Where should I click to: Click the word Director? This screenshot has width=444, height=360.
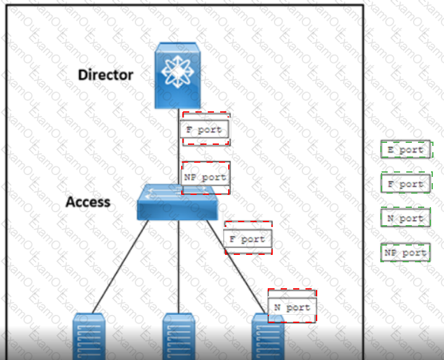pyautogui.click(x=105, y=75)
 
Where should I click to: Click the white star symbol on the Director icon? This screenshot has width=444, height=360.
pyautogui.click(x=177, y=71)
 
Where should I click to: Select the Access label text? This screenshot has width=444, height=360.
pyautogui.click(x=88, y=202)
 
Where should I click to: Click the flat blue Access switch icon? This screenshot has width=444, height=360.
pyautogui.click(x=177, y=202)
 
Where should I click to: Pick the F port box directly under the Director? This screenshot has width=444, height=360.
pyautogui.click(x=204, y=130)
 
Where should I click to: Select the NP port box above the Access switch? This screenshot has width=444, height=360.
pyautogui.click(x=205, y=178)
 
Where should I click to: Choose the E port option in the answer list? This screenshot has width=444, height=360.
pyautogui.click(x=406, y=150)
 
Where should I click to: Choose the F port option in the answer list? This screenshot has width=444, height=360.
pyautogui.click(x=406, y=184)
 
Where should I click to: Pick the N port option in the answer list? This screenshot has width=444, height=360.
pyautogui.click(x=406, y=218)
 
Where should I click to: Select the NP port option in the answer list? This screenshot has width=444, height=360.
pyautogui.click(x=406, y=252)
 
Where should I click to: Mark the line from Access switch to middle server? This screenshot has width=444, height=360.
pyautogui.click(x=179, y=266)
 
